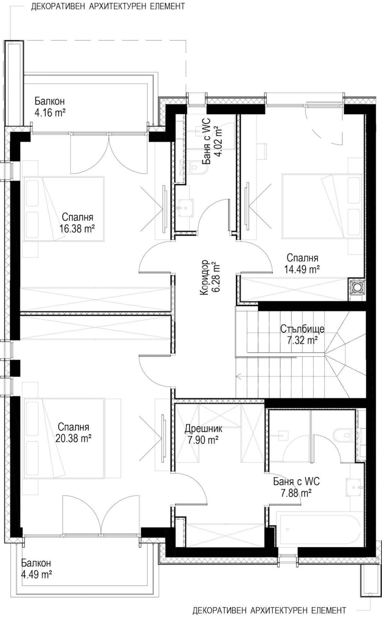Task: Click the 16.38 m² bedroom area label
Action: pos(76,222)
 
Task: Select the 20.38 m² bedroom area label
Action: pos(74,432)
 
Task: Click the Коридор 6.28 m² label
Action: pos(209,277)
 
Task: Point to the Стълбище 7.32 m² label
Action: pos(302,334)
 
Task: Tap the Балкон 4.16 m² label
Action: pos(50,107)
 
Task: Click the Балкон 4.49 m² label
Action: pos(36,569)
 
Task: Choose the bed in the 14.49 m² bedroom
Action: pos(322,206)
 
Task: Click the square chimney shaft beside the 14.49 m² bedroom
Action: pos(356,287)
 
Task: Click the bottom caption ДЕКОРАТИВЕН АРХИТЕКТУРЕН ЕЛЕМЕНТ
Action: pos(269,610)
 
